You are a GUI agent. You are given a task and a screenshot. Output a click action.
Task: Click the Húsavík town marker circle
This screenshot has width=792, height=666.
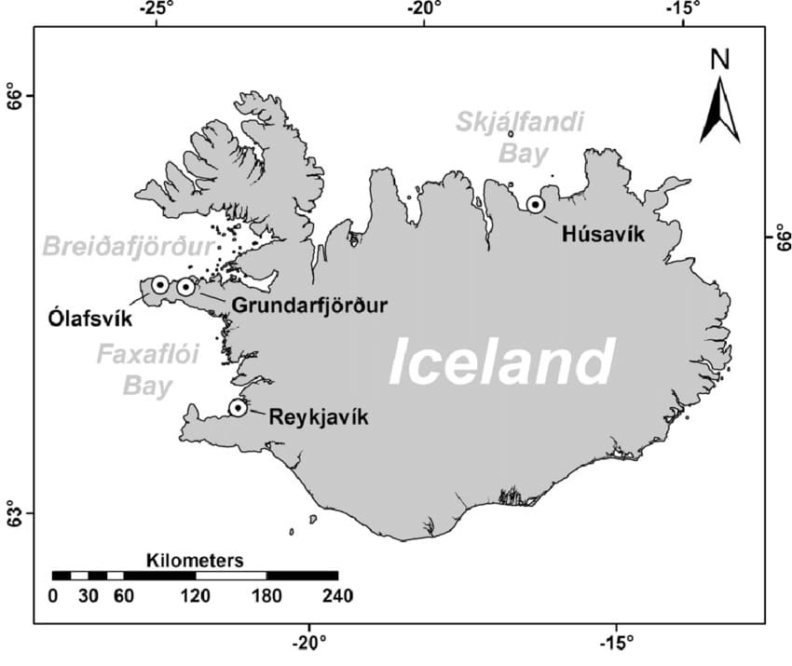click(536, 204)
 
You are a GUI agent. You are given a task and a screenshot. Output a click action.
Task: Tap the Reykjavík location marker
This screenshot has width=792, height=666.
click(238, 407)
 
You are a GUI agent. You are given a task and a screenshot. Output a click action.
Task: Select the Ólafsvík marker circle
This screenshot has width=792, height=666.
click(160, 284)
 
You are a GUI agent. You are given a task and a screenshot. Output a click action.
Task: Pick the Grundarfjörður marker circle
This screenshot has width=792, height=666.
click(185, 286)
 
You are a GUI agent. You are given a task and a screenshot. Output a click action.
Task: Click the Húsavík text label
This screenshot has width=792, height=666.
click(604, 234)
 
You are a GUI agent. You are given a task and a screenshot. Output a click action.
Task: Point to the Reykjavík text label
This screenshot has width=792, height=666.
click(319, 418)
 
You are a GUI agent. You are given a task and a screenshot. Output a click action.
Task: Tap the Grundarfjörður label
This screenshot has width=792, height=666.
click(308, 305)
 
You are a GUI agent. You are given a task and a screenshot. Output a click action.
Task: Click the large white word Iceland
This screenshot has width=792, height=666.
click(501, 361)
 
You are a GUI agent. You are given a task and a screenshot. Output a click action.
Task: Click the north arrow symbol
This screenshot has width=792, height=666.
click(720, 109)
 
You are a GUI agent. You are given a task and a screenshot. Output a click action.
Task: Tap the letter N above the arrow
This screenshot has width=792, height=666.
click(720, 60)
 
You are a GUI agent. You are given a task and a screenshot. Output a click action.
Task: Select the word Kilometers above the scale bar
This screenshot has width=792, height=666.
click(195, 561)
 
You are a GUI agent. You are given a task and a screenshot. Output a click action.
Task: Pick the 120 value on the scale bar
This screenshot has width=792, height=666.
click(195, 596)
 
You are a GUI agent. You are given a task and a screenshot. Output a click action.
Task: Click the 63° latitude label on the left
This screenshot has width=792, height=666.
click(13, 512)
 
